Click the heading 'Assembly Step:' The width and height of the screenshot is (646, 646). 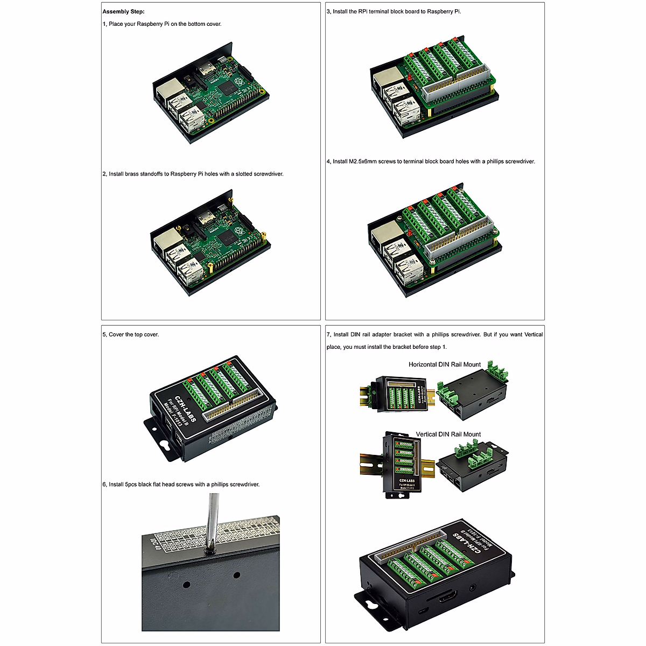tap(123, 11)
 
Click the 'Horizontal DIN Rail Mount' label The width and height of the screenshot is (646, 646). tap(444, 364)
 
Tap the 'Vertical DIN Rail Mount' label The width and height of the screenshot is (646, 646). tap(448, 434)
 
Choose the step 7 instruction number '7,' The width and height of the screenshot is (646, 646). tap(329, 334)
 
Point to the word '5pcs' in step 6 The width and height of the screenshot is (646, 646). tap(131, 484)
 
